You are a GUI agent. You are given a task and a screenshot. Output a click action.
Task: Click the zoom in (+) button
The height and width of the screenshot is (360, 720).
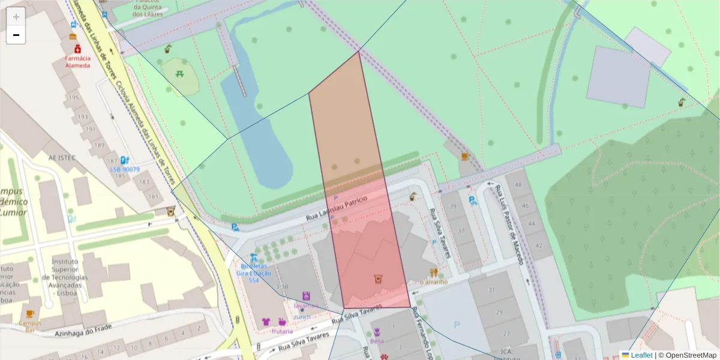click(16, 17)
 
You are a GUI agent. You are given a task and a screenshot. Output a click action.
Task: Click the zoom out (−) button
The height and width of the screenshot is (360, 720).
click(16, 35)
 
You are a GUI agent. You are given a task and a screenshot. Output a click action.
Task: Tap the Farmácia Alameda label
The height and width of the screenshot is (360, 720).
click(78, 62)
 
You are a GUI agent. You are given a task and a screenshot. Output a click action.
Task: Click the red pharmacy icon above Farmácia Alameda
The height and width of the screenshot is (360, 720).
click(77, 49)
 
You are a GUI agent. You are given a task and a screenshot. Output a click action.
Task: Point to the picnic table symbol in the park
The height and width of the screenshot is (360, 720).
click(180, 74)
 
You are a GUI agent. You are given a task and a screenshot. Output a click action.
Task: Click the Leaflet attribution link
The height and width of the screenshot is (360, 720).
click(641, 355)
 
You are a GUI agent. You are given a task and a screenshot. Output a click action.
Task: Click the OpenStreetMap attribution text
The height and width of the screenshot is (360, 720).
click(688, 355)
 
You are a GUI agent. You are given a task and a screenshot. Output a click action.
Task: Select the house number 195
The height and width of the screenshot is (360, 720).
click(74, 97)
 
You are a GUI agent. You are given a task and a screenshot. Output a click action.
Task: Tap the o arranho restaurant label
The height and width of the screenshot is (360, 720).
click(433, 281)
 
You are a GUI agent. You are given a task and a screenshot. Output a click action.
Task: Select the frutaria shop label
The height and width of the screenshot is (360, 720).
click(282, 331)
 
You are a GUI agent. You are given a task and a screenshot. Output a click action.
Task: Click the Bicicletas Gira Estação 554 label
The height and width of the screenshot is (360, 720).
click(256, 273)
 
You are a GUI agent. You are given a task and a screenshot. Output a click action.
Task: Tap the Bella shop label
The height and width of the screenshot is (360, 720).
click(377, 341)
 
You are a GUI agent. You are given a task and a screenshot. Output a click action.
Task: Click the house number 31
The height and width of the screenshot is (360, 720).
click(491, 290)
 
